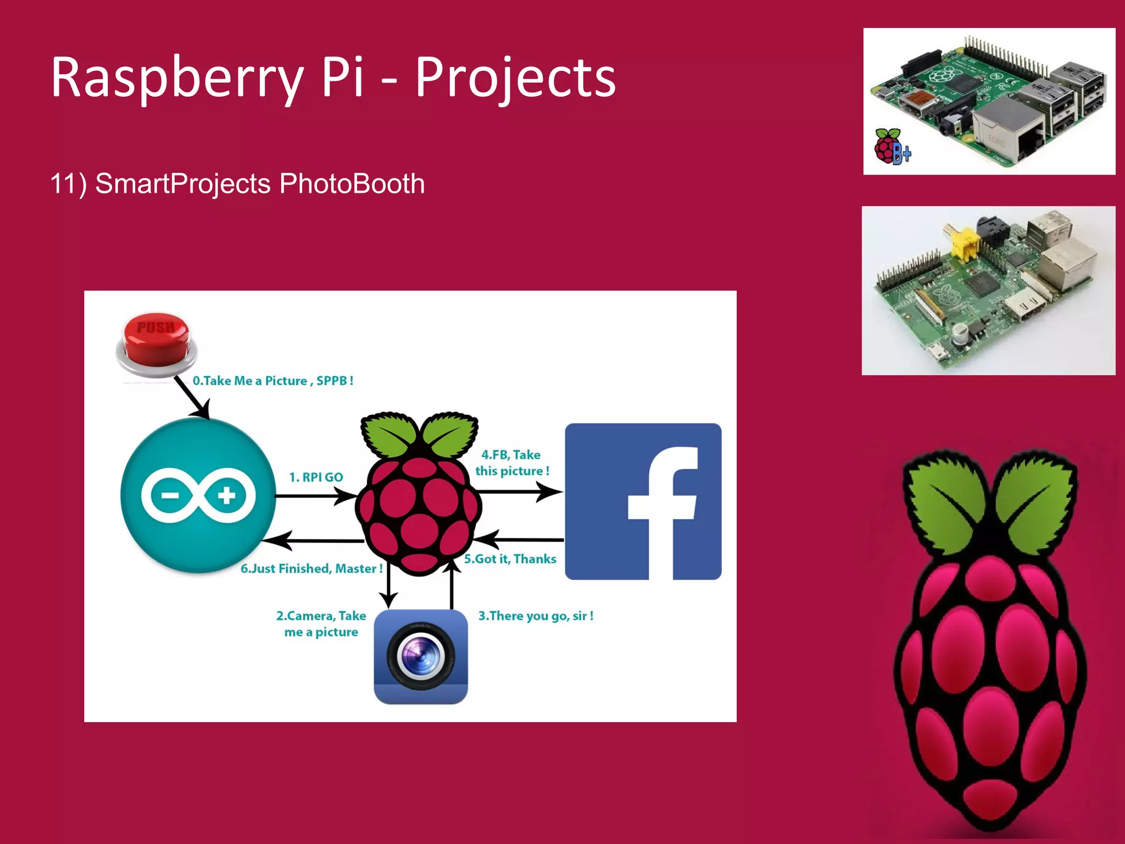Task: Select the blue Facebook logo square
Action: pyautogui.click(x=643, y=501)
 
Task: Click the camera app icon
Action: pyautogui.click(x=421, y=657)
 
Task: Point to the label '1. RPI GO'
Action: pyautogui.click(x=316, y=477)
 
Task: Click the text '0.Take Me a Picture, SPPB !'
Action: pyautogui.click(x=273, y=381)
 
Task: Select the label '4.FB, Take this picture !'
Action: pyautogui.click(x=511, y=463)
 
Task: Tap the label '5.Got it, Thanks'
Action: pyautogui.click(x=510, y=559)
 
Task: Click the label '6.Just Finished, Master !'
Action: pyautogui.click(x=311, y=569)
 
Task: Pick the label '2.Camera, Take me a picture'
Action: pyautogui.click(x=321, y=624)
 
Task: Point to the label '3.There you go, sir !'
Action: pyautogui.click(x=536, y=616)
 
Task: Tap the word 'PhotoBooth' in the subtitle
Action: pyautogui.click(x=352, y=184)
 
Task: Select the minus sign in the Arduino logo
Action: pyautogui.click(x=170, y=496)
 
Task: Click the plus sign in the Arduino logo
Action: pyautogui.click(x=226, y=496)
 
